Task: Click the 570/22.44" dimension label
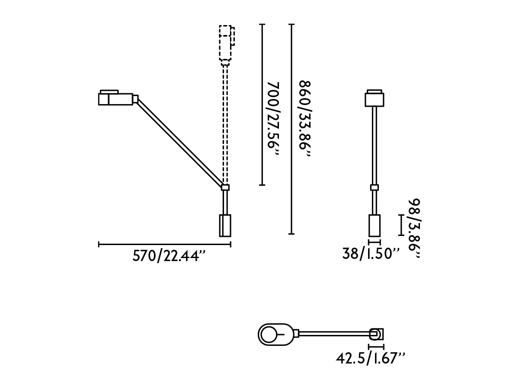169,256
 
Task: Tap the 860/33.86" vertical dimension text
305,118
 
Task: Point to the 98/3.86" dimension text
414,228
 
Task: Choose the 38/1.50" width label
371,254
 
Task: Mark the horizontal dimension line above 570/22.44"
165,244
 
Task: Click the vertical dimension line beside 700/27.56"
262,105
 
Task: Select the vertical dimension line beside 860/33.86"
292,129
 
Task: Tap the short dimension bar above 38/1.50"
375,242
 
